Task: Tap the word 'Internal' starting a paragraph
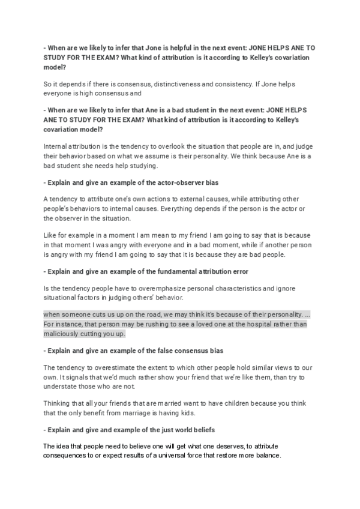point(57,146)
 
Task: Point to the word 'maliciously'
point(62,334)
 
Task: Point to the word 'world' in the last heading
point(187,430)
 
